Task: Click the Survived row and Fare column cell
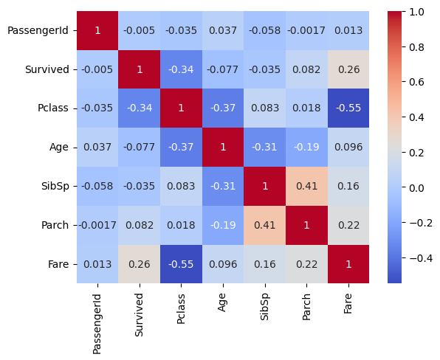pyautogui.click(x=348, y=69)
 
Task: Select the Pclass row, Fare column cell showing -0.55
pyautogui.click(x=348, y=108)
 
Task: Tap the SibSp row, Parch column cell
pyautogui.click(x=306, y=186)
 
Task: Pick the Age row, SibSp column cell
pyautogui.click(x=265, y=148)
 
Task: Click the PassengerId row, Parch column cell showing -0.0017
pyautogui.click(x=306, y=30)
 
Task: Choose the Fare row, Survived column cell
pyautogui.click(x=140, y=264)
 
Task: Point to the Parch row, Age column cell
pyautogui.click(x=223, y=225)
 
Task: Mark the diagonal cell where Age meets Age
pyautogui.click(x=223, y=148)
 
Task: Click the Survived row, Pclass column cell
pyautogui.click(x=182, y=69)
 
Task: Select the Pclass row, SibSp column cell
pyautogui.click(x=265, y=108)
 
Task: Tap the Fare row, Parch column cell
pyautogui.click(x=306, y=264)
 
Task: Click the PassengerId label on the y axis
pyautogui.click(x=38, y=30)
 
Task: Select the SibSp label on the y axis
pyautogui.click(x=55, y=186)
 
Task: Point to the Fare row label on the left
pyautogui.click(x=58, y=264)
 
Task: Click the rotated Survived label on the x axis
pyautogui.click(x=139, y=315)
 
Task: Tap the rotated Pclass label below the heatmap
pyautogui.click(x=181, y=308)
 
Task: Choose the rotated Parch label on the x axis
pyautogui.click(x=306, y=307)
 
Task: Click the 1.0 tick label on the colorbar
pyautogui.click(x=416, y=12)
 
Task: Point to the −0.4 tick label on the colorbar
pyautogui.click(x=421, y=258)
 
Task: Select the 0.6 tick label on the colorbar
pyautogui.click(x=416, y=82)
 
